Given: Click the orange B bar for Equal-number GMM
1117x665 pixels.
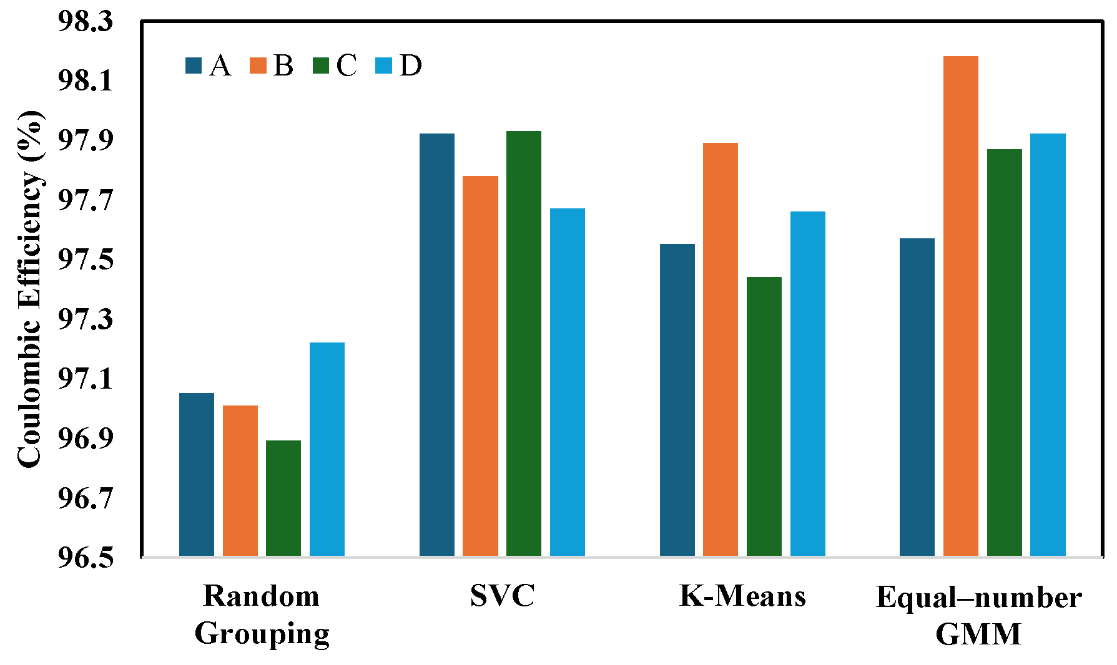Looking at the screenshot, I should [960, 306].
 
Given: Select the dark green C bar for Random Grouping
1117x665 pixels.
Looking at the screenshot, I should [283, 498].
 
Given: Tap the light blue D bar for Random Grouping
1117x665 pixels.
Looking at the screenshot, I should [327, 449].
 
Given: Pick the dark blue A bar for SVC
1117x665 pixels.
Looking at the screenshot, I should [436, 344].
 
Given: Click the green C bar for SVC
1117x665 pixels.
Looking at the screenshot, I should [524, 343].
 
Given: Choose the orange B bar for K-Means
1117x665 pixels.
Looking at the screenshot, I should [721, 349].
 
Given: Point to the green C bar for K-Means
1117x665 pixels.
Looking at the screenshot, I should [764, 416].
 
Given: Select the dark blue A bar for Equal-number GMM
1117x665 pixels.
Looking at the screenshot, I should [917, 397].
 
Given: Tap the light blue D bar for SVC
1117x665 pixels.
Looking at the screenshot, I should [568, 382].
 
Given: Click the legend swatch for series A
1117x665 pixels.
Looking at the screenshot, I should [194, 66].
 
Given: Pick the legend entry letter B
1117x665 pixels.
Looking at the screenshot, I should [283, 66].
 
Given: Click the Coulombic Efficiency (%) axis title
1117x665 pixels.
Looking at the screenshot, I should [29, 289].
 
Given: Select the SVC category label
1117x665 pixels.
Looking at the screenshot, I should [502, 596].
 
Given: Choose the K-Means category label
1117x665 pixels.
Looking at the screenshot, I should [742, 596].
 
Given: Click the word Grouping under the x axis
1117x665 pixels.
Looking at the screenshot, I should [262, 634].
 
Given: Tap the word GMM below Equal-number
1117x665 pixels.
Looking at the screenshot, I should [978, 634].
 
